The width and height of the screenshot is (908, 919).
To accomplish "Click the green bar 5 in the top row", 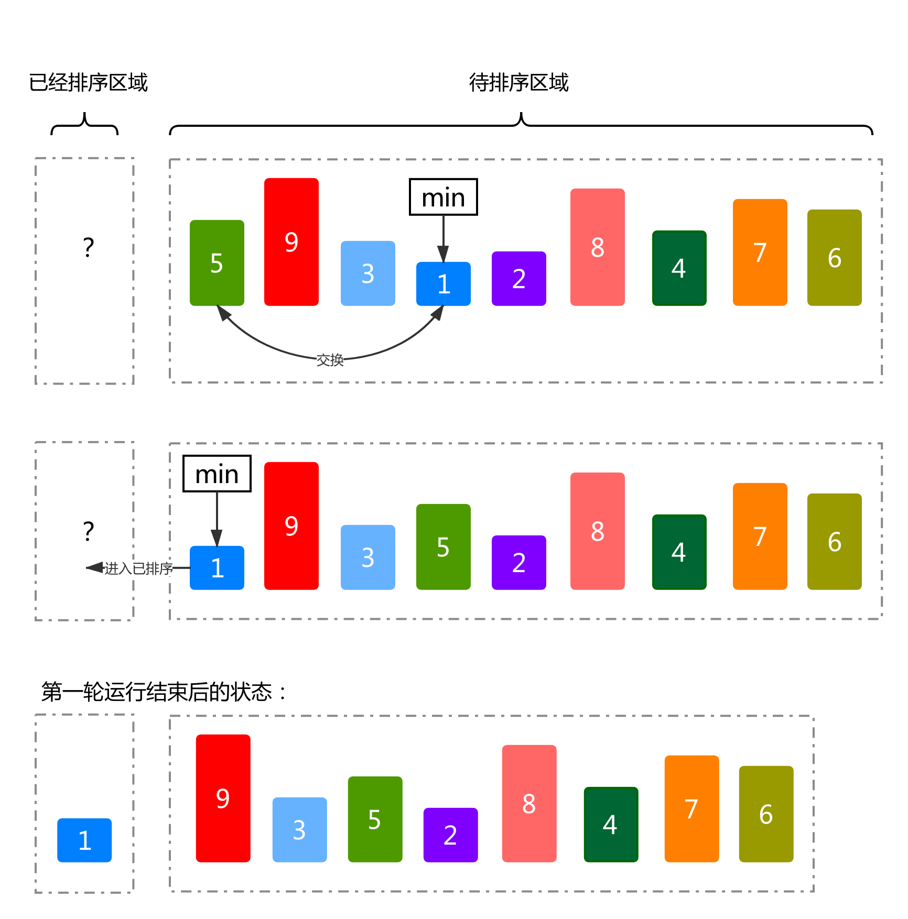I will click(217, 263).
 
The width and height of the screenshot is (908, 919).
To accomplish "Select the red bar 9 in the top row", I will click(291, 242).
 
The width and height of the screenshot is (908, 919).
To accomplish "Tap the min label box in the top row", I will click(443, 197).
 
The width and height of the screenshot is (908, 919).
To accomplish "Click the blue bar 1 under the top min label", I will click(443, 284).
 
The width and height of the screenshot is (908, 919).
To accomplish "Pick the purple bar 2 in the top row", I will click(518, 279).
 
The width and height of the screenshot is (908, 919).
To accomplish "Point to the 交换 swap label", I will click(330, 360).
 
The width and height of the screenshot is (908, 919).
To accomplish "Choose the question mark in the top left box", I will click(89, 247).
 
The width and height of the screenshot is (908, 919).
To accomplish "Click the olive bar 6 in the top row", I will click(834, 258).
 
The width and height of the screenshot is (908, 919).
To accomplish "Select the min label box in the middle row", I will click(217, 474).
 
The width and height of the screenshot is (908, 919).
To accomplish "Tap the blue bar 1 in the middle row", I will click(217, 568).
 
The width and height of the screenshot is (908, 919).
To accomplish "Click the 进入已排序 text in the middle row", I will click(138, 568).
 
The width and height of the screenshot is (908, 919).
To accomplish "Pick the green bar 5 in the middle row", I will click(443, 547).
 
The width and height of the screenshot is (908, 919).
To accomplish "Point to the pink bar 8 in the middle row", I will click(597, 531).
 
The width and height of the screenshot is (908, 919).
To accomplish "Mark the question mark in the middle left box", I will click(89, 531).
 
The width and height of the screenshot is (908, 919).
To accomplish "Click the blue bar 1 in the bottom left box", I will click(84, 840).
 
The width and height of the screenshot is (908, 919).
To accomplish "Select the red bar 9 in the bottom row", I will click(223, 798).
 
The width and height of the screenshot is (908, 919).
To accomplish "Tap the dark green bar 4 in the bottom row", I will click(611, 825).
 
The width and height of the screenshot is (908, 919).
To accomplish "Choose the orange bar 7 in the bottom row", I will click(691, 809).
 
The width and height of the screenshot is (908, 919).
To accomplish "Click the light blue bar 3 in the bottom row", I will click(299, 830).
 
